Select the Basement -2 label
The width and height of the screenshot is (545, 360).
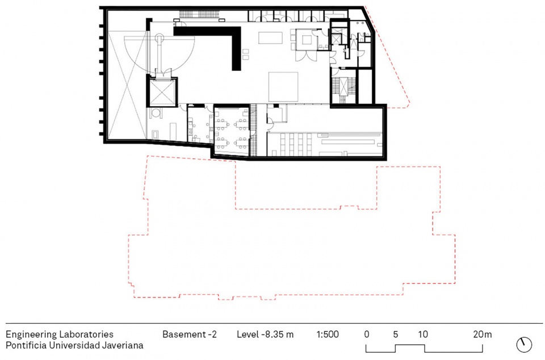(190, 334)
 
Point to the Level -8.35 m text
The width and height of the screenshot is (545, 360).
(265, 334)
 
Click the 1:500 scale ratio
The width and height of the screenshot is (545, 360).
(328, 334)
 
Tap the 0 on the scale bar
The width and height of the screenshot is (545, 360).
(367, 334)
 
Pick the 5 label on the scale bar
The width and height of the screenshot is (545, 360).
(396, 334)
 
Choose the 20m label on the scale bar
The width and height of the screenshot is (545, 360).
(482, 334)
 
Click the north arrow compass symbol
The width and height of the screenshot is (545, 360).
(524, 344)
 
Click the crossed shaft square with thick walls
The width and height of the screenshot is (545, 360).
(162, 92)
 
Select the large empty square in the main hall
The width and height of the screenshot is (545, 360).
(283, 87)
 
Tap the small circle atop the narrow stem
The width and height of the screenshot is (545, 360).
(159, 37)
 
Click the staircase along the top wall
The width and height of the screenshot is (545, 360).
(200, 14)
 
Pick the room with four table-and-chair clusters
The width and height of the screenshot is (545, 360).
(232, 131)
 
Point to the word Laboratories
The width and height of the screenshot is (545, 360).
(86, 334)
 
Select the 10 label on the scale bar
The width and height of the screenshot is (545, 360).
(423, 334)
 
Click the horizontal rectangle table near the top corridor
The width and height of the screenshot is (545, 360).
(270, 38)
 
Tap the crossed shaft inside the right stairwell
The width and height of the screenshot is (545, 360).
(343, 86)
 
